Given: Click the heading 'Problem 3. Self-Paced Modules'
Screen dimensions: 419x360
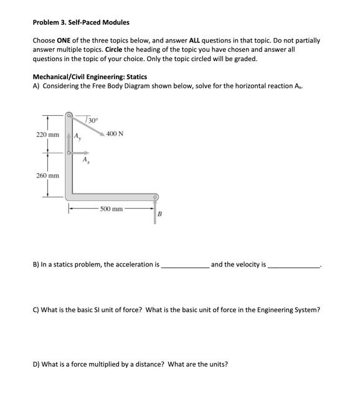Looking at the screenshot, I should point(81,22).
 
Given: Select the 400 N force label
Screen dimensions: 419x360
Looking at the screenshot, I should point(115,133).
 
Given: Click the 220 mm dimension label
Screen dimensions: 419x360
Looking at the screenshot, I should point(47,134).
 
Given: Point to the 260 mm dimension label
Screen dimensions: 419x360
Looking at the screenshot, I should point(47,176).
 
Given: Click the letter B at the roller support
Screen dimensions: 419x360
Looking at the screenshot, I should point(159,215).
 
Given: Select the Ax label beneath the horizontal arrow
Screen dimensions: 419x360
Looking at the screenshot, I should point(85,161).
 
